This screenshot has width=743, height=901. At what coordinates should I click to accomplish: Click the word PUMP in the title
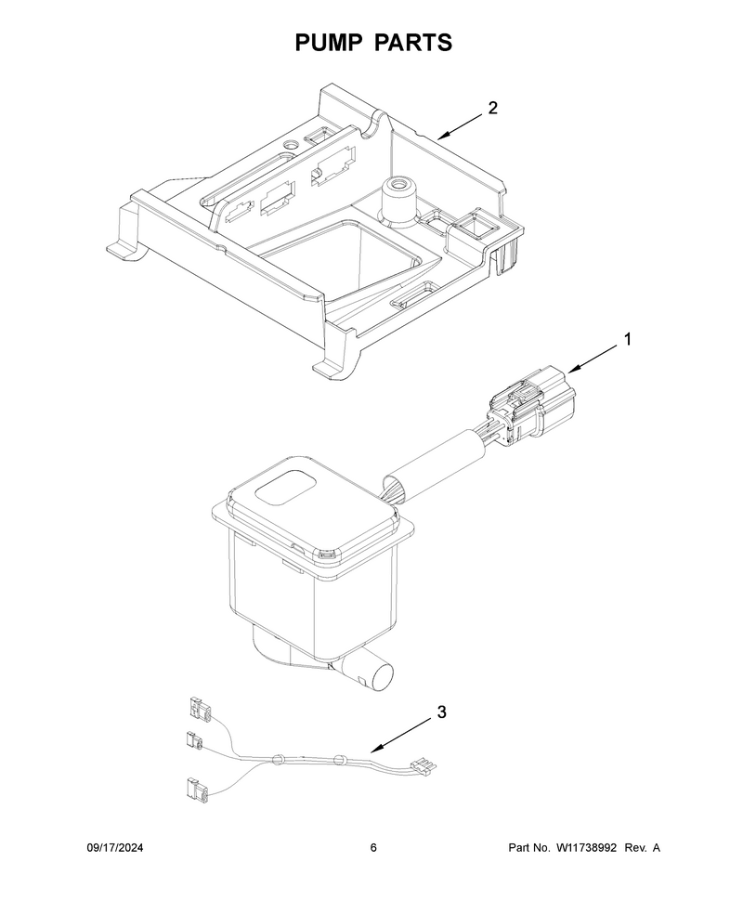click(329, 43)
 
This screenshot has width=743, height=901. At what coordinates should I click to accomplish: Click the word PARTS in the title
click(413, 43)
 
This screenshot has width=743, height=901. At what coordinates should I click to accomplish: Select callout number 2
click(492, 108)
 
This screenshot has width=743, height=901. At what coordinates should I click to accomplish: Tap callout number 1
click(628, 339)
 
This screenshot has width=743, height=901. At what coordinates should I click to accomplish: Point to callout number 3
click(441, 712)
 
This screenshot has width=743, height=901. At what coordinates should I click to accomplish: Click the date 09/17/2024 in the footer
click(115, 847)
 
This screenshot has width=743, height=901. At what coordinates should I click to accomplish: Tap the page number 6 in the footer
click(373, 847)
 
